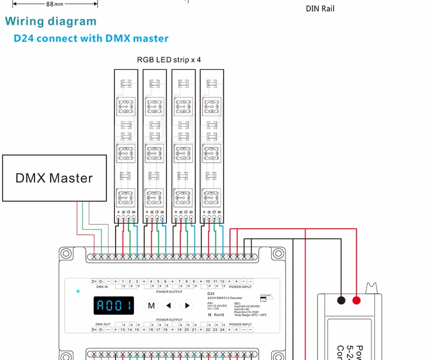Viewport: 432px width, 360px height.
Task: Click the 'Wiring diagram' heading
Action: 51,22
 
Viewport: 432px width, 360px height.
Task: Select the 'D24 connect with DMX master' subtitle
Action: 91,38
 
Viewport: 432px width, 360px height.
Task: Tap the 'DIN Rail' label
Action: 324,8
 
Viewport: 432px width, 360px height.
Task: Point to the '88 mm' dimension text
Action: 54,4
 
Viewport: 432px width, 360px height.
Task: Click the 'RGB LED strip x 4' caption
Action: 169,59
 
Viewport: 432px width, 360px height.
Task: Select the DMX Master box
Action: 54,178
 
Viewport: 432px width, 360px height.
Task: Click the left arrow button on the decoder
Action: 170,305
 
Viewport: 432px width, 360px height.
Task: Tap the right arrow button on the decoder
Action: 187,305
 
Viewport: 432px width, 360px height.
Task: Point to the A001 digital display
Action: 114,306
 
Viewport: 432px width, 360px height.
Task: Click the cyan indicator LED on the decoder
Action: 78,291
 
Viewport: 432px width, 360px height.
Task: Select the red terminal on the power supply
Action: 356,301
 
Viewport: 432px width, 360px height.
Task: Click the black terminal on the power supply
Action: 341,301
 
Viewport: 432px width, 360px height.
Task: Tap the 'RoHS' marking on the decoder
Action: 219,314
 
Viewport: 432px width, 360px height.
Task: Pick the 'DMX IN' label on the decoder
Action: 102,287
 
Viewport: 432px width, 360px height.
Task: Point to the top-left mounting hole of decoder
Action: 66,253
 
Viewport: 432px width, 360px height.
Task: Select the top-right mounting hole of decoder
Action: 278,253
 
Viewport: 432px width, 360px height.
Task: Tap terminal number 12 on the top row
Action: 222,282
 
